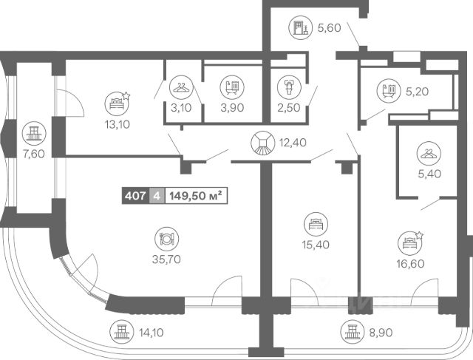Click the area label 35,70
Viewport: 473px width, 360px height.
click(x=166, y=259)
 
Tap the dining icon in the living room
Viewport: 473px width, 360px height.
click(x=167, y=239)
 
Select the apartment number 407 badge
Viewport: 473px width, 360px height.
click(x=136, y=196)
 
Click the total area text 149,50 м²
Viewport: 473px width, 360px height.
click(x=196, y=196)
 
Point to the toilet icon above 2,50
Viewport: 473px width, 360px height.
click(x=289, y=87)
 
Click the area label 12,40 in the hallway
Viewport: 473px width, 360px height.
click(x=293, y=143)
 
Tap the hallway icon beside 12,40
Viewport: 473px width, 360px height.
click(x=263, y=143)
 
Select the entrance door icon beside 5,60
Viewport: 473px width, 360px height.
click(x=301, y=28)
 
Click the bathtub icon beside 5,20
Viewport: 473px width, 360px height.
click(x=389, y=91)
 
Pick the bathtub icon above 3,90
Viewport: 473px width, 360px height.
click(x=232, y=87)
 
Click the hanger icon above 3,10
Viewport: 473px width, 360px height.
click(x=181, y=87)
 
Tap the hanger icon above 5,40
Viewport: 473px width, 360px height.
click(x=429, y=154)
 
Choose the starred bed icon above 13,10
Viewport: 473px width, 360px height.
click(x=118, y=103)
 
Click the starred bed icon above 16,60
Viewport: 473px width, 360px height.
click(x=410, y=243)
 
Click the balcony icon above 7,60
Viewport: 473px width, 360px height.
click(x=34, y=134)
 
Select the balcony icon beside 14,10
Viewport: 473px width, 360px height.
click(x=121, y=332)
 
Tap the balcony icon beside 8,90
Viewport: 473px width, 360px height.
click(x=353, y=332)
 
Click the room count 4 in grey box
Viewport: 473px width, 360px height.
click(x=157, y=196)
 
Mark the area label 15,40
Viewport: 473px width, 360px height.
click(x=316, y=245)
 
